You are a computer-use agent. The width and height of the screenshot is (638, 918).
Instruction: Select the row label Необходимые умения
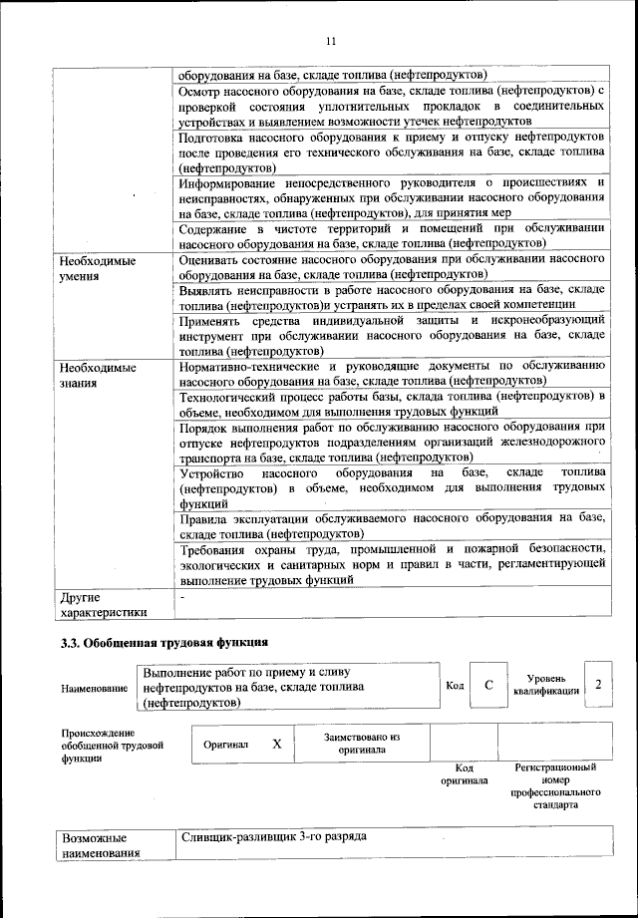point(97,268)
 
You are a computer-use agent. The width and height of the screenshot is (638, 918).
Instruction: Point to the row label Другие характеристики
point(103,604)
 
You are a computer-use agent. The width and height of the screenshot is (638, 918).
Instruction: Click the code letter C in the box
point(488,685)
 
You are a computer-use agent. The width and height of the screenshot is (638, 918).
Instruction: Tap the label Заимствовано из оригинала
point(361,744)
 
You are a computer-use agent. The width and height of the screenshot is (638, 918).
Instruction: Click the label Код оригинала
point(464,773)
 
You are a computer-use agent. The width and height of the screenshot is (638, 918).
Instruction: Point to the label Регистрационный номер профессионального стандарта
point(555,784)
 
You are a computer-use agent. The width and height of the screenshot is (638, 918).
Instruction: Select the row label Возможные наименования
point(101,845)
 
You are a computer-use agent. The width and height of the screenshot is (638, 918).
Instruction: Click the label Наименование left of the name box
point(94,689)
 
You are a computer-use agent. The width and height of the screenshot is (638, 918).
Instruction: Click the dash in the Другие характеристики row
point(182,596)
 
